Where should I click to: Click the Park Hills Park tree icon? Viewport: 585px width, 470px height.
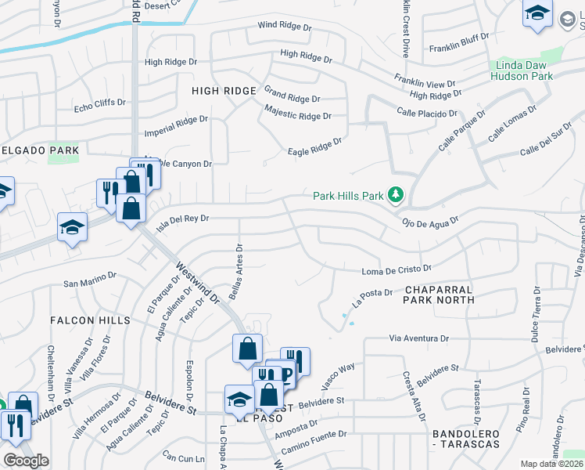click(397, 195)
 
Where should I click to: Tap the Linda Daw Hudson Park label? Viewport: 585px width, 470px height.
click(522, 70)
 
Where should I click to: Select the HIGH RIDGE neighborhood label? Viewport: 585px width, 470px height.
click(224, 92)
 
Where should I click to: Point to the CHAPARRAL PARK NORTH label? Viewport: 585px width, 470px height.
click(440, 295)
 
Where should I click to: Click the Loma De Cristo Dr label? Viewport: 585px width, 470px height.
click(397, 271)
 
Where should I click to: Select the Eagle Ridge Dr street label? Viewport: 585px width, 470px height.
click(315, 146)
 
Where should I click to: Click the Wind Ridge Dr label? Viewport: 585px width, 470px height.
click(285, 27)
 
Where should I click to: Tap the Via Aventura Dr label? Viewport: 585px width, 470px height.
click(419, 338)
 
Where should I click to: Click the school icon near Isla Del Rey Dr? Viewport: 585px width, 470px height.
click(73, 227)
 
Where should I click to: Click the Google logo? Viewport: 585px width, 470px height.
click(26, 461)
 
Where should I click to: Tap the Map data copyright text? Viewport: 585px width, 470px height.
click(552, 464)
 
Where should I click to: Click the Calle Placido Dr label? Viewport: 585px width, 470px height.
click(426, 114)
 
